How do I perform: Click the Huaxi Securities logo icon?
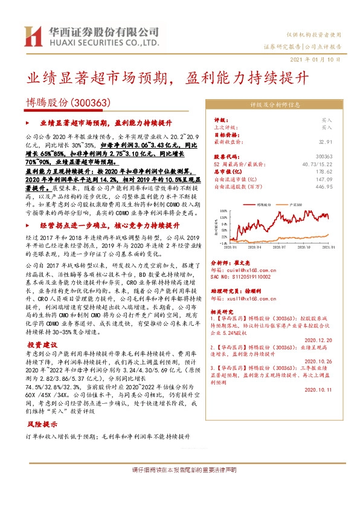pyautogui.click(x=31, y=37)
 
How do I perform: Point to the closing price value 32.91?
pyautogui.click(x=324, y=141)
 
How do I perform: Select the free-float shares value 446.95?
pyautogui.click(x=323, y=187)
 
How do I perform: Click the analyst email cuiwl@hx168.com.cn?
pyautogui.click(x=256, y=271)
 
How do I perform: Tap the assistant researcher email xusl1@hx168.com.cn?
pyautogui.click(x=257, y=299)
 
